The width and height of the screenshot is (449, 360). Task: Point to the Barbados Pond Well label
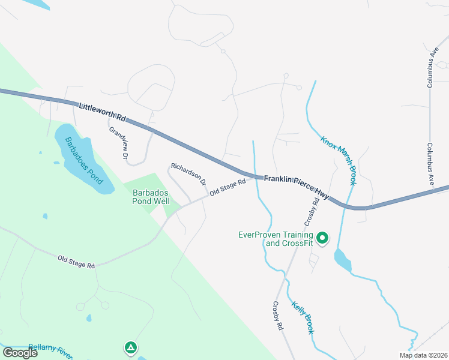click(151, 197)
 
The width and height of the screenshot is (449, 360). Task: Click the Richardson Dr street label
click(188, 173)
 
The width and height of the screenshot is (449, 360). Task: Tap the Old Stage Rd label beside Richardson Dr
click(228, 187)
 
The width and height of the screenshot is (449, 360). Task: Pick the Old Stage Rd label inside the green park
click(76, 262)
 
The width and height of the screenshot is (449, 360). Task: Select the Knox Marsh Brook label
click(339, 158)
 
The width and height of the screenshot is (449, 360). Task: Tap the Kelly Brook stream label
click(303, 317)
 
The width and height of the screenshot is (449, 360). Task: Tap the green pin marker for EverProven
click(322, 238)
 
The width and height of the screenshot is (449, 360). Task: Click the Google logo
click(19, 353)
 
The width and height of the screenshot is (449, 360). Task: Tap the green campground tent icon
click(130, 347)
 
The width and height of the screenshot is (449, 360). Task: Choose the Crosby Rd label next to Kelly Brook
click(278, 316)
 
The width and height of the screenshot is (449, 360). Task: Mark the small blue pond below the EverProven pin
click(342, 260)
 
